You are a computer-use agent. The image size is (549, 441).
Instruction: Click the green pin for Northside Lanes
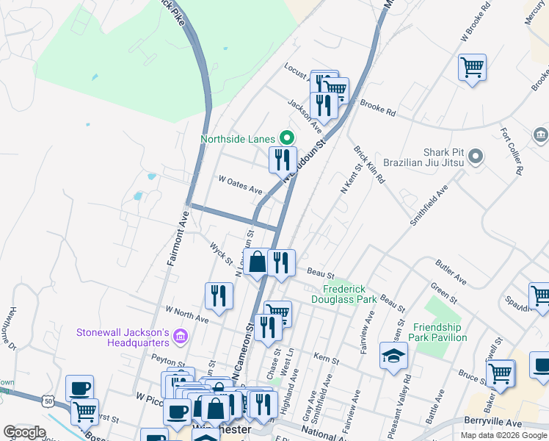click(x=287, y=137)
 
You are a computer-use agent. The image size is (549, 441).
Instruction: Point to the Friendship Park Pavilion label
click(x=440, y=332)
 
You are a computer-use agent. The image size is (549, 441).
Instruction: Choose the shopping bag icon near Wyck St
click(x=258, y=262)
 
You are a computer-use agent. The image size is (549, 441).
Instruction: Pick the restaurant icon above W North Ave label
click(x=219, y=295)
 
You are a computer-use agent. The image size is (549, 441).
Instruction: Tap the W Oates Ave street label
click(x=240, y=184)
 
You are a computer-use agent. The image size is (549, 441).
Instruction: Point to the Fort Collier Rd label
click(x=511, y=151)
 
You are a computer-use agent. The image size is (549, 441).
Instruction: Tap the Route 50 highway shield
click(x=48, y=401)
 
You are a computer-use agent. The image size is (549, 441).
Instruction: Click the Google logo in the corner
click(x=24, y=432)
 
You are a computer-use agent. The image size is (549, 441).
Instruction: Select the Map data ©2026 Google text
click(x=503, y=435)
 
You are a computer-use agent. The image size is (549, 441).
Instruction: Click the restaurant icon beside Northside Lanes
click(x=282, y=159)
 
